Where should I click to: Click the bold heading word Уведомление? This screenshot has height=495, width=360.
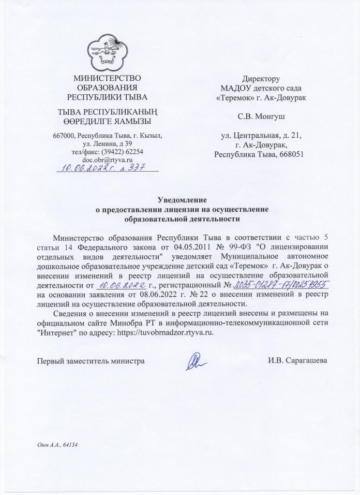[x=182, y=199]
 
